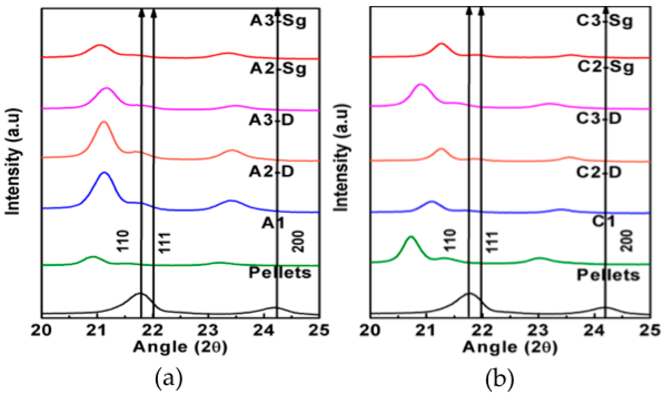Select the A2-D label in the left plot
click(271, 172)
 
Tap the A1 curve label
click(273, 223)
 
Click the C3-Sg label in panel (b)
click(604, 21)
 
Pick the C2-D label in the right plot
click(599, 172)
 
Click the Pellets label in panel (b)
click(608, 275)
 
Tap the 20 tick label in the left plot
click(41, 330)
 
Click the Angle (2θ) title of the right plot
click(510, 347)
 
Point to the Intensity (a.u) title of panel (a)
click(13, 161)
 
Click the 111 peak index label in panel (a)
click(165, 243)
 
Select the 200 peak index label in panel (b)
click(627, 241)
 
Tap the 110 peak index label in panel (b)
click(450, 240)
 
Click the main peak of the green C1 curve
click(411, 237)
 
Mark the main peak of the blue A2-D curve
click(104, 173)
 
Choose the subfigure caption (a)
click(169, 378)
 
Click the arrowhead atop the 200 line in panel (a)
click(277, 11)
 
